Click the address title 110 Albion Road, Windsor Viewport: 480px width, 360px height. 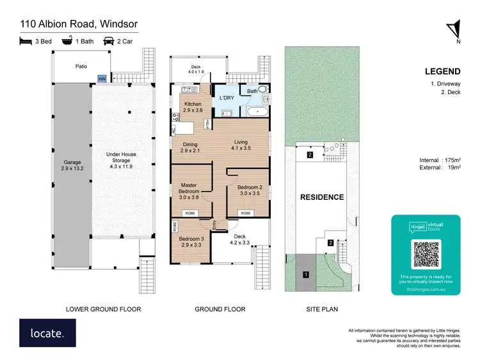coord(79,25)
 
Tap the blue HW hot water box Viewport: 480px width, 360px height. coord(102,78)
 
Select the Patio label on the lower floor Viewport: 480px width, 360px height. coord(81,66)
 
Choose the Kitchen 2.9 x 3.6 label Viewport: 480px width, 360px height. coord(193,107)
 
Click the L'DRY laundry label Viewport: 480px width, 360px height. coord(227,98)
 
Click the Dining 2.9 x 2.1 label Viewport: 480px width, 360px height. coord(190,148)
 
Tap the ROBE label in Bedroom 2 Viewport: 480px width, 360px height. coord(244,212)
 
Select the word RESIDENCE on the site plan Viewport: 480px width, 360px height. coord(322,197)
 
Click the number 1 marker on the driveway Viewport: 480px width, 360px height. coord(306,275)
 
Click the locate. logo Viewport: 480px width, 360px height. coord(47,332)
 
